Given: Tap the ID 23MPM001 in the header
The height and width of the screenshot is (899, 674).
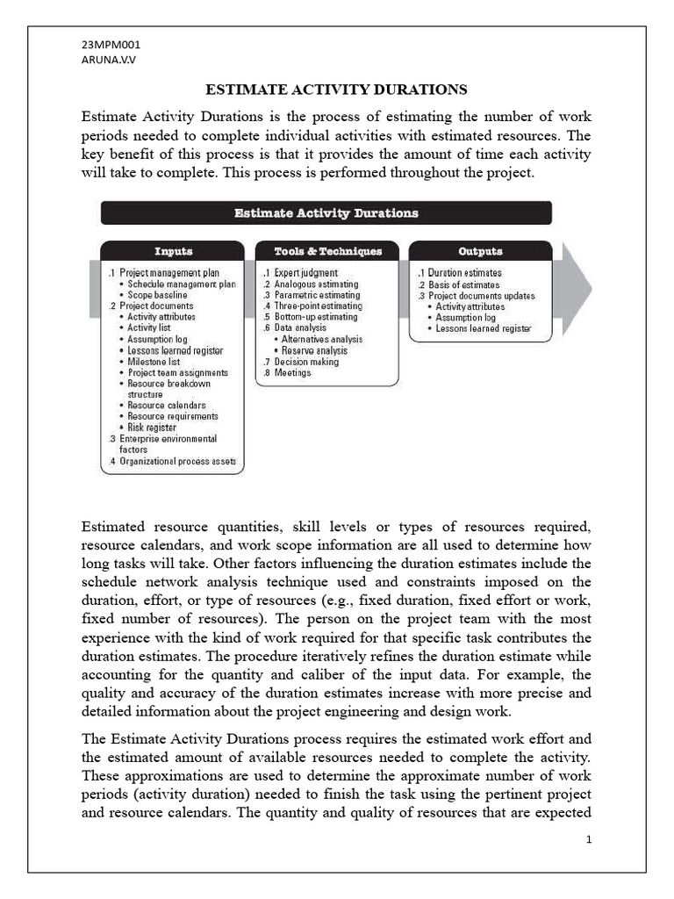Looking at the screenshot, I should point(111,45).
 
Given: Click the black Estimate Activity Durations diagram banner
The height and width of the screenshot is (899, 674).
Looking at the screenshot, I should point(326,213).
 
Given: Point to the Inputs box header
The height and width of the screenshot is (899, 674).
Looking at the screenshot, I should point(173,251).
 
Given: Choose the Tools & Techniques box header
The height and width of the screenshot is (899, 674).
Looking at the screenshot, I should point(327,251).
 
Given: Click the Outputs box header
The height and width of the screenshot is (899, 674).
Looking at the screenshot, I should point(480,251).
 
